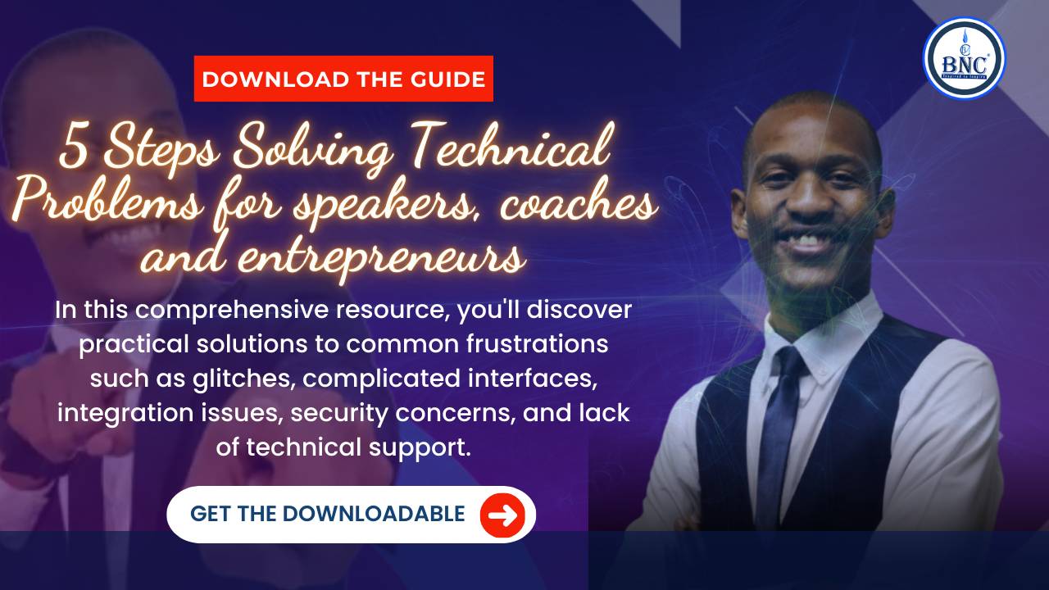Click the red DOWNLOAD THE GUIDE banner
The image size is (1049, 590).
tap(343, 79)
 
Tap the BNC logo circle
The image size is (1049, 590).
tap(963, 58)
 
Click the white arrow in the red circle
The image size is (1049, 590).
tap(502, 515)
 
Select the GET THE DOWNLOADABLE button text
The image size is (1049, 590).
tap(327, 515)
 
